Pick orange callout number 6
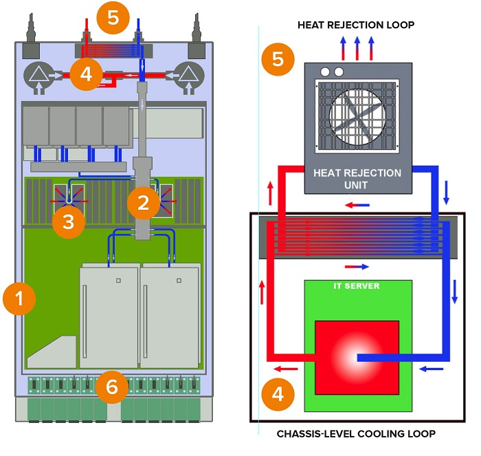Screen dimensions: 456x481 (x=113, y=387)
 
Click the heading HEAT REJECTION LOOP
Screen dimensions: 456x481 (x=355, y=25)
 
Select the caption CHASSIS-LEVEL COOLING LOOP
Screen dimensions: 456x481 (x=356, y=434)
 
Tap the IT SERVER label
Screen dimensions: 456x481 (x=356, y=286)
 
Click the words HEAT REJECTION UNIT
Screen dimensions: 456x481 (x=357, y=178)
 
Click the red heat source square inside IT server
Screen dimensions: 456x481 (x=356, y=356)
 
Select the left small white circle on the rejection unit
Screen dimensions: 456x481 (x=325, y=72)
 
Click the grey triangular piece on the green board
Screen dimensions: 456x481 (x=52, y=351)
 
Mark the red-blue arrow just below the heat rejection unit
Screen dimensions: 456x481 (x=357, y=204)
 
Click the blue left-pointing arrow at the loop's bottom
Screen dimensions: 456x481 (x=431, y=369)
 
